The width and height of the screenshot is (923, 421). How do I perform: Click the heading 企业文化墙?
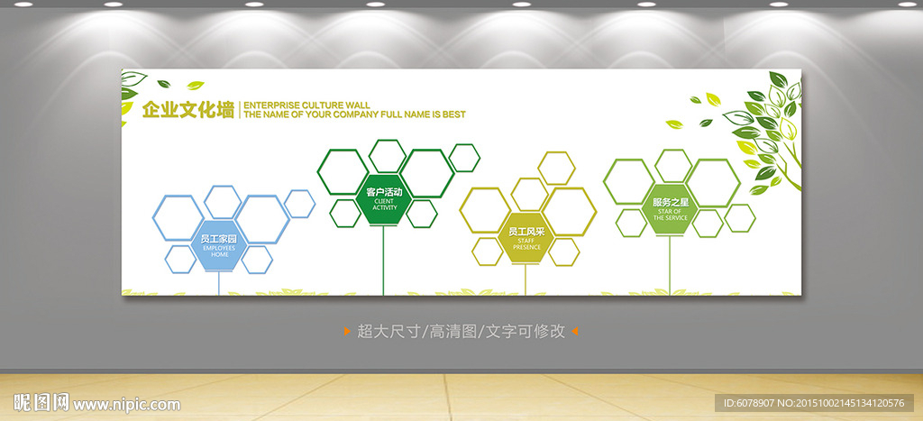click(188, 110)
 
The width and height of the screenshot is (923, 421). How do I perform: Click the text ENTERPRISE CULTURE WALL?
click(306, 105)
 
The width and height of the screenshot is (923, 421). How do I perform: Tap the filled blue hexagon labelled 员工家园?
click(220, 245)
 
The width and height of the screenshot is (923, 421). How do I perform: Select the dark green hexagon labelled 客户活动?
click(384, 198)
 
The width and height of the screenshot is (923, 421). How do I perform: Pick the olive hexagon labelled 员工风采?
click(526, 237)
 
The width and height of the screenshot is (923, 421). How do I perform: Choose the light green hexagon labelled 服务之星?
click(670, 210)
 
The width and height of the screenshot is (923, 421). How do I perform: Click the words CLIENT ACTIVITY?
click(385, 205)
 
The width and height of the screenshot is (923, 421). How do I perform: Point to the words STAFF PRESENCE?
click(526, 243)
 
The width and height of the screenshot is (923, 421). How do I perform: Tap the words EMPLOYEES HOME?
click(220, 252)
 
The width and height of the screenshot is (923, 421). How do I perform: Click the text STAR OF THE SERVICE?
click(670, 215)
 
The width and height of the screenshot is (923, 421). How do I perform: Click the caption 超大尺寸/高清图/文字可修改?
click(461, 332)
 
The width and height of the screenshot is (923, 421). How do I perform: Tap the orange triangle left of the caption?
click(347, 332)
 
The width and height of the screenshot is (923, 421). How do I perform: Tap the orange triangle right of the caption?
click(574, 332)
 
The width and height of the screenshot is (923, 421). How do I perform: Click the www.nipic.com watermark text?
click(126, 405)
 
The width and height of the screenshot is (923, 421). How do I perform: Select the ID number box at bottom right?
click(814, 403)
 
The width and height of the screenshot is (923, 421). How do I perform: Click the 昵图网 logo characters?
click(41, 403)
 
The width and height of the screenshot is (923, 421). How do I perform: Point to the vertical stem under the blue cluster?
click(219, 283)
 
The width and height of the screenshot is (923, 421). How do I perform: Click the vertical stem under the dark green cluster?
click(384, 260)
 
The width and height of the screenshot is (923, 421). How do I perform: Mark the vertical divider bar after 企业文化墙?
click(239, 110)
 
